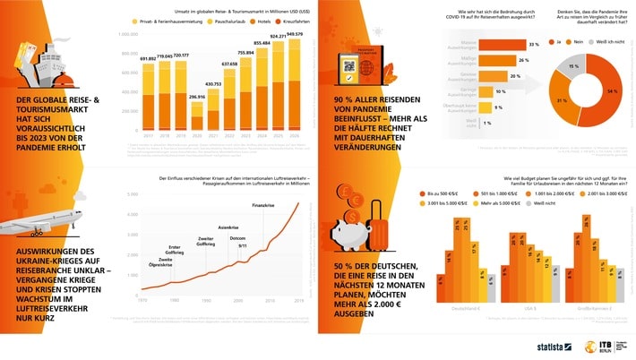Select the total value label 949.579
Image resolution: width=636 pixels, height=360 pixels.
[294, 33]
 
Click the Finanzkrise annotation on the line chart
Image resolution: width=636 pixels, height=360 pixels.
[261, 205]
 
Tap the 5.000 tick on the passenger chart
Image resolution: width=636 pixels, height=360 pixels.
[132, 194]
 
